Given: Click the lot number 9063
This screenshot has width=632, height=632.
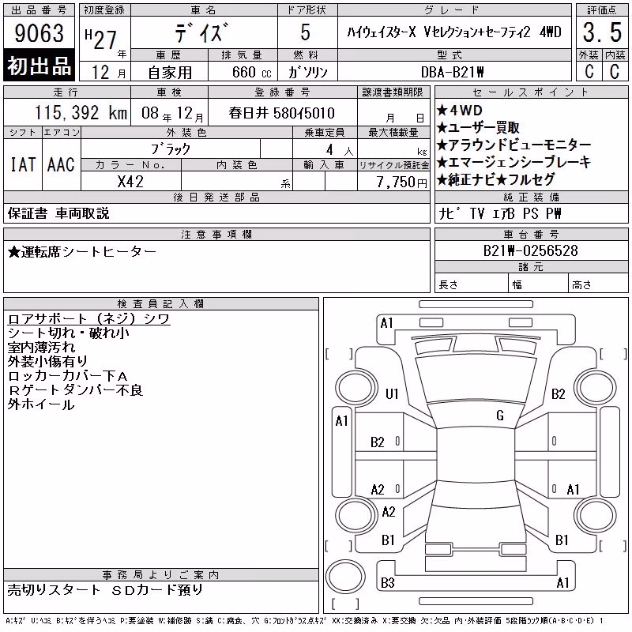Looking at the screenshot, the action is pos(39,32).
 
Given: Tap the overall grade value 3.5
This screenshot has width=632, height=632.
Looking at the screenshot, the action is pos(602,32).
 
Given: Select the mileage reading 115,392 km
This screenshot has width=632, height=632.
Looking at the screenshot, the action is pos(81,113).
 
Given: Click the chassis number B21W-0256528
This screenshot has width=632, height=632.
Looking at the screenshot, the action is pos(530,250).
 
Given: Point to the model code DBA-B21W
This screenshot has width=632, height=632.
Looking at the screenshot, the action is pos(452,72).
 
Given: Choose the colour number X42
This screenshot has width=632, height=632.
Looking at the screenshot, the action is pos(130,182).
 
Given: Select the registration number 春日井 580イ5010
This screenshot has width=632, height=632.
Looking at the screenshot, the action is pos(281,113).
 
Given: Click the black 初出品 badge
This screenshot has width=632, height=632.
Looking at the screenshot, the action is pos(39,66).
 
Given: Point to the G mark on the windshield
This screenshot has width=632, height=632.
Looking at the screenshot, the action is pos(500,416).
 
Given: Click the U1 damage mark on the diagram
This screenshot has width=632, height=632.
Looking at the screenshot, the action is pos(392,393).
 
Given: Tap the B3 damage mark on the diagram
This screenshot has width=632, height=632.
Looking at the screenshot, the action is pos(388,583).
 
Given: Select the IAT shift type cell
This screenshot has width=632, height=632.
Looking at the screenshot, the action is pos(23,164).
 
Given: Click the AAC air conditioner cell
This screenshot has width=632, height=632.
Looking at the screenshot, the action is pos(62,164).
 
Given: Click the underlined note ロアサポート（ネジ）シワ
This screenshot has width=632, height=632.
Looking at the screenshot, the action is pos(88,319).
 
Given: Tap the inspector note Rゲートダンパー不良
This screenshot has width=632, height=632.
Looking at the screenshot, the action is pos(75,390).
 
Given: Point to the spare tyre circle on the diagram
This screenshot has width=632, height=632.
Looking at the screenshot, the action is pos(345,576).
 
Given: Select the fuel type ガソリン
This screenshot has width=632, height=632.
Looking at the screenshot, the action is pos(307,72).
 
